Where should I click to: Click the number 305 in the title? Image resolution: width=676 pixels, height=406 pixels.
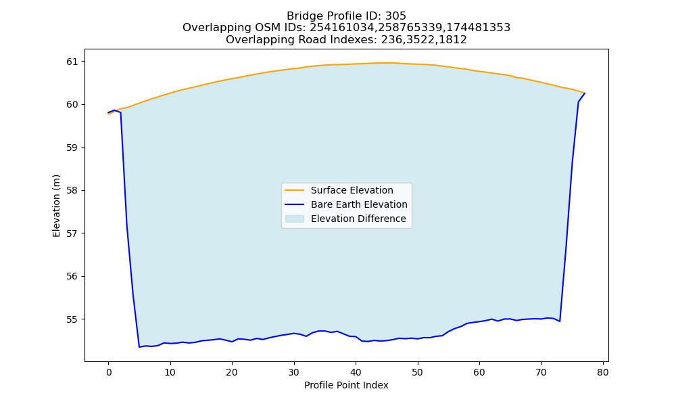tap(395, 16)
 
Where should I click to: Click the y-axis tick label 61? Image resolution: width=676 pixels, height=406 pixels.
tap(73, 62)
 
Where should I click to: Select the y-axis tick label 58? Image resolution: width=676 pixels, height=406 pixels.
tap(73, 191)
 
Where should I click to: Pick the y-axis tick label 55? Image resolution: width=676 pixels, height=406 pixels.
tap(73, 319)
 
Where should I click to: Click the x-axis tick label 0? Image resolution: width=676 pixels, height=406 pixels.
tap(109, 372)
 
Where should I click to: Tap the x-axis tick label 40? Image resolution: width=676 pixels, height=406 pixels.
tap(356, 372)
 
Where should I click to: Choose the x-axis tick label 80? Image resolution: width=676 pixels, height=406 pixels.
tap(603, 372)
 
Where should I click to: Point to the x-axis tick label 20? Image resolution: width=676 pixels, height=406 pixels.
tap(232, 372)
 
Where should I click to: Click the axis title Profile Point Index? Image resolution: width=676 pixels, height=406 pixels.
tap(346, 385)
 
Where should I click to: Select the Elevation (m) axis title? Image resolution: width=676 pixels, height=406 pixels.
tap(57, 206)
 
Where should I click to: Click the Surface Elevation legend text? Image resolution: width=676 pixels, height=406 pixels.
tap(352, 190)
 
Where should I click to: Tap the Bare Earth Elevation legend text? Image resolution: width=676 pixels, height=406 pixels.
tap(359, 204)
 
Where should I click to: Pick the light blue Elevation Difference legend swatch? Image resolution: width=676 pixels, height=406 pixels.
tap(295, 219)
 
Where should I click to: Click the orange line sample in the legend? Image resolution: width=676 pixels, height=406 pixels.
tap(295, 190)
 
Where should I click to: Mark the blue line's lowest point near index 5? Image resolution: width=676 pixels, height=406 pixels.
tap(139, 347)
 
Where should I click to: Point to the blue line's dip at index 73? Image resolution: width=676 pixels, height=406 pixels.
tap(560, 321)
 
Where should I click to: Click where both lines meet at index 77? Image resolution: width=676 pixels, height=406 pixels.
tap(585, 93)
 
